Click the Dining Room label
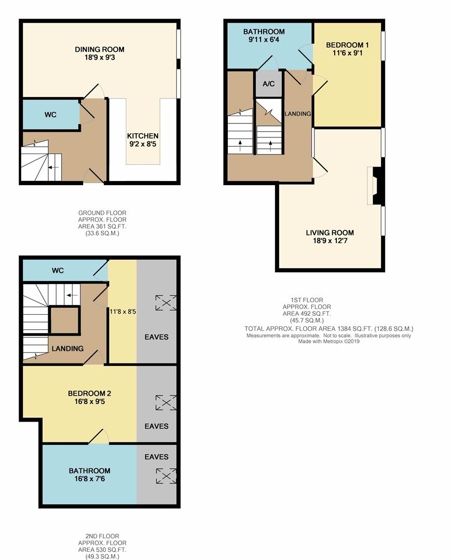[x=100, y=53]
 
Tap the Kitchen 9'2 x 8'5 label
[x=143, y=140]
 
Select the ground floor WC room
[x=51, y=115]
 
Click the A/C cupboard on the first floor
[x=268, y=83]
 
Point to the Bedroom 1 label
[x=347, y=49]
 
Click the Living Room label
[x=330, y=236]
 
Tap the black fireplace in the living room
[x=377, y=185]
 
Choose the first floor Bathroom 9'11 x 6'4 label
[x=264, y=35]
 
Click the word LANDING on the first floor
[x=297, y=114]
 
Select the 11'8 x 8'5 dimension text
[x=122, y=312]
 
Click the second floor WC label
[x=58, y=270]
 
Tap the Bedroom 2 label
[x=89, y=397]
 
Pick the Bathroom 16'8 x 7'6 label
[x=89, y=474]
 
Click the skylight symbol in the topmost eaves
[x=166, y=302]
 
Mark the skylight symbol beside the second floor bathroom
[x=166, y=476]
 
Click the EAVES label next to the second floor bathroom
[x=157, y=457]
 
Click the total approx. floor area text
[x=328, y=329]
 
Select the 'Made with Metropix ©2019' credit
[x=329, y=341]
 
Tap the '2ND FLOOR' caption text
[x=102, y=536]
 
